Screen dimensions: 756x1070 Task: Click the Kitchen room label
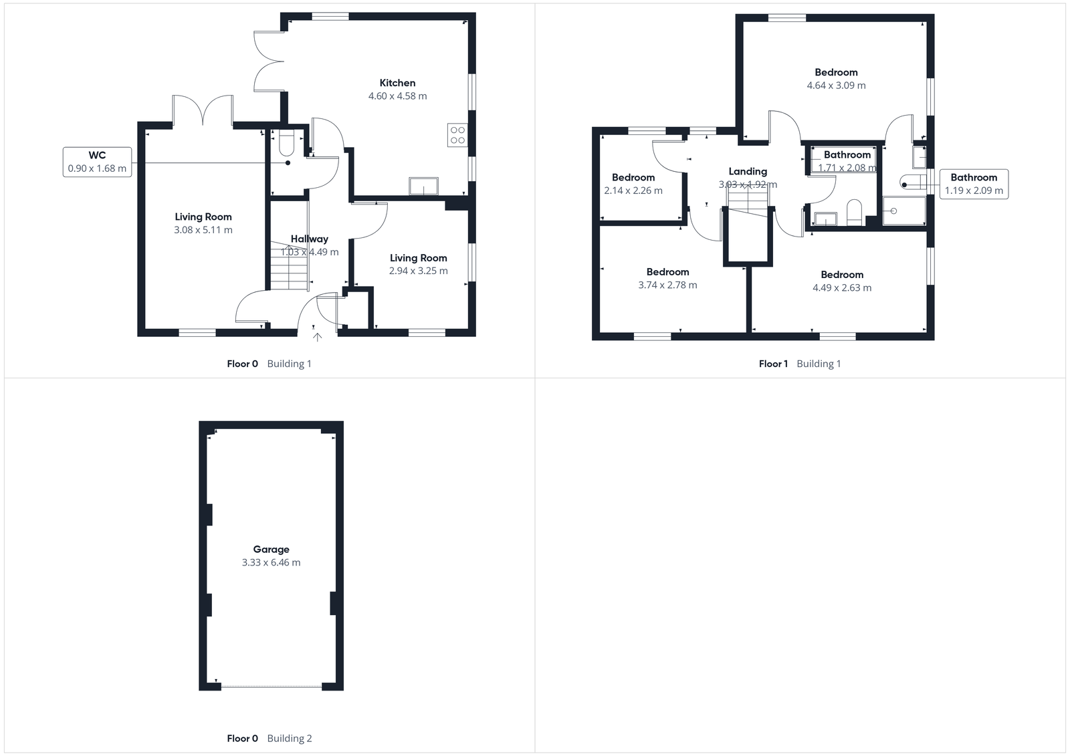coord(397,83)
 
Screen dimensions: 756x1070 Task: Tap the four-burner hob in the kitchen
coord(457,135)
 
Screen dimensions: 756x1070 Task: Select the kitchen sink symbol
coord(423,186)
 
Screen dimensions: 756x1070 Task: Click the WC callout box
coord(98,162)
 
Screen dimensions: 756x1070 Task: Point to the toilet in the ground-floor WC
coord(288,143)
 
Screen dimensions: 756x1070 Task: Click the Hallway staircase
coord(288,267)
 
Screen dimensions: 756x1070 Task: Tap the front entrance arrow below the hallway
coord(317,337)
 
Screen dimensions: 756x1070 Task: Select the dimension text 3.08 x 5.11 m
coord(203,230)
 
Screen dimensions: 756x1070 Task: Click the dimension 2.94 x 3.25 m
coord(419,271)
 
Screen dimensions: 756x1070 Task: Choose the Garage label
coord(271,549)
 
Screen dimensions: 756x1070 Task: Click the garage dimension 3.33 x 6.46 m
coord(271,563)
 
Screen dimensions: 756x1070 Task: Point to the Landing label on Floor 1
coord(748,171)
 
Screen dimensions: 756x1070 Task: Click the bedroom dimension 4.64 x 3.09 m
coord(836,86)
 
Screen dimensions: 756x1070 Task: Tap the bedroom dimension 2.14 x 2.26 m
coord(633,191)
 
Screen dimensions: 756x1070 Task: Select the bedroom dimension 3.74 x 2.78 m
coord(667,285)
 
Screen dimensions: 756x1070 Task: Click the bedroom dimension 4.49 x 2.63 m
coord(842,288)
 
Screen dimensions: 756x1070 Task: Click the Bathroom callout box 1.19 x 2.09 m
coord(974,184)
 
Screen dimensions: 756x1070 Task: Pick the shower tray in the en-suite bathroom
coord(904,211)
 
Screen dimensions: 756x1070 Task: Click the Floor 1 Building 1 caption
coord(800,364)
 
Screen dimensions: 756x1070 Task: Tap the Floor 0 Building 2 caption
coord(270,739)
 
